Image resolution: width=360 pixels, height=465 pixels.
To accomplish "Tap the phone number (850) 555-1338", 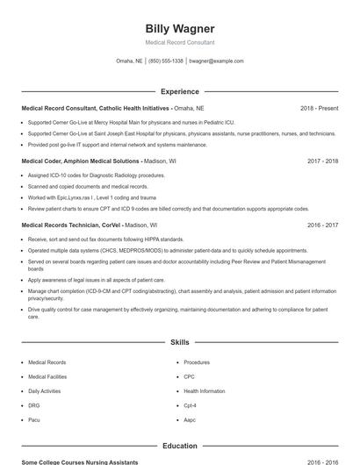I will pos(166,61).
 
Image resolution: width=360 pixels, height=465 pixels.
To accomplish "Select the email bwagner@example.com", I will pos(216,61).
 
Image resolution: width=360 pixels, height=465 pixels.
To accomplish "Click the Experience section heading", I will pos(179,91).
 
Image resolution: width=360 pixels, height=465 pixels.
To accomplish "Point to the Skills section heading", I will pos(179,342).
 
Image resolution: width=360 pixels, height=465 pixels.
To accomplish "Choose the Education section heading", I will pos(179,446).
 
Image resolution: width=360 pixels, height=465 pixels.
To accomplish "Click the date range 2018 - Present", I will pos(319,108).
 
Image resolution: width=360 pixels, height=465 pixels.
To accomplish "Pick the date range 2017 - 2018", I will pos(322,161).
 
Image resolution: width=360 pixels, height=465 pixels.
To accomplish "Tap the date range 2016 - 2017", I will pos(322,225).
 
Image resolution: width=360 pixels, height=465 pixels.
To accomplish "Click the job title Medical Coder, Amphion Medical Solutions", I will pos(80,161).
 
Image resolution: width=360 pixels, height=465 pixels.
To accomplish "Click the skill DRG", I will pos(33,405).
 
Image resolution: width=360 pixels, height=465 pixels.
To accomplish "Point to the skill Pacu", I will pos(34,420).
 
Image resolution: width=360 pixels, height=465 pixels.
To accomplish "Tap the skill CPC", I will pos(189,376).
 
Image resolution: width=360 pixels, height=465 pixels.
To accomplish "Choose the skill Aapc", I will pos(190,420).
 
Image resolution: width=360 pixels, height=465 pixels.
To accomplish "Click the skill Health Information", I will pos(204,391).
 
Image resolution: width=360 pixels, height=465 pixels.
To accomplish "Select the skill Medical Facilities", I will pos(47,376).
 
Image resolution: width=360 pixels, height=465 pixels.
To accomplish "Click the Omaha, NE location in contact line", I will pos(129,61).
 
